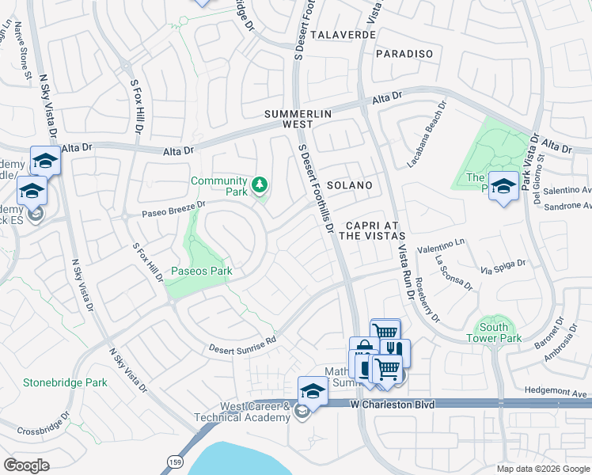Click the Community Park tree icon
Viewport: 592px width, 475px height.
coord(259,186)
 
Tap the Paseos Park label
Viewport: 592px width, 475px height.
coord(201,271)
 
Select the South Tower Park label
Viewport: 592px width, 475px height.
coord(499,332)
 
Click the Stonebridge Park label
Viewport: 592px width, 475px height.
coord(65,382)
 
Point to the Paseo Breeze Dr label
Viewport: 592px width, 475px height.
coord(173,209)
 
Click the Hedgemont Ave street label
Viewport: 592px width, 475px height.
coord(557,391)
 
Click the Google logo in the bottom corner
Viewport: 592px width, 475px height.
coord(26,465)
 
